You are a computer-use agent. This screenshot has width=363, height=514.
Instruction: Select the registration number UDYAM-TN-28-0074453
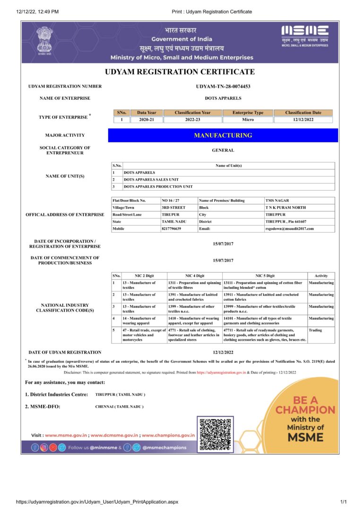point(223,87)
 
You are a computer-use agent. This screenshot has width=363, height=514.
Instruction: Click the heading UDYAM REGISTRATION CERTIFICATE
point(180,72)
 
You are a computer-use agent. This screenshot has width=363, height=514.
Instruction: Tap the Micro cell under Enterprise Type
point(248,120)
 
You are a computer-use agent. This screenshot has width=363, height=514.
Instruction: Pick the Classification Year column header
point(192,113)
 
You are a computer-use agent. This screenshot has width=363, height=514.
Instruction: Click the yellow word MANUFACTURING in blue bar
point(223,135)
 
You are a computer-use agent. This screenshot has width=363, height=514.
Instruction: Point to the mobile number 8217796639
point(172,228)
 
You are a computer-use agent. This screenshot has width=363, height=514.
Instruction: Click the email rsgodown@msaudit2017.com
point(289,228)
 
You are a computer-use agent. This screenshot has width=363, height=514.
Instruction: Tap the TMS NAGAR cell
point(275,200)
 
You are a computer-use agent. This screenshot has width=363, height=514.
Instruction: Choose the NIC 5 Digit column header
point(265,275)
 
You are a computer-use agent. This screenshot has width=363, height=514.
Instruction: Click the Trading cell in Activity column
point(315,330)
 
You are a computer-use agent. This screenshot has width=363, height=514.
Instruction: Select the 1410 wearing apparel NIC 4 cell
point(194,321)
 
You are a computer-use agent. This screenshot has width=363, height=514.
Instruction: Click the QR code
point(215,434)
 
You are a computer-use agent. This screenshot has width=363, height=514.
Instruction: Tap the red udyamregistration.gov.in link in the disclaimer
point(221,373)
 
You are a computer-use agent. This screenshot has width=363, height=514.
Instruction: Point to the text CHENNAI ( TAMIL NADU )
point(119,407)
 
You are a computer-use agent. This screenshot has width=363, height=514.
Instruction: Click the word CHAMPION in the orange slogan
point(305,410)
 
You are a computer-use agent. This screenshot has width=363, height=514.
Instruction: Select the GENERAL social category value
point(223,150)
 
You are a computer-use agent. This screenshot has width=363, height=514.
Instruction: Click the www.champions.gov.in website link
point(168,435)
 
